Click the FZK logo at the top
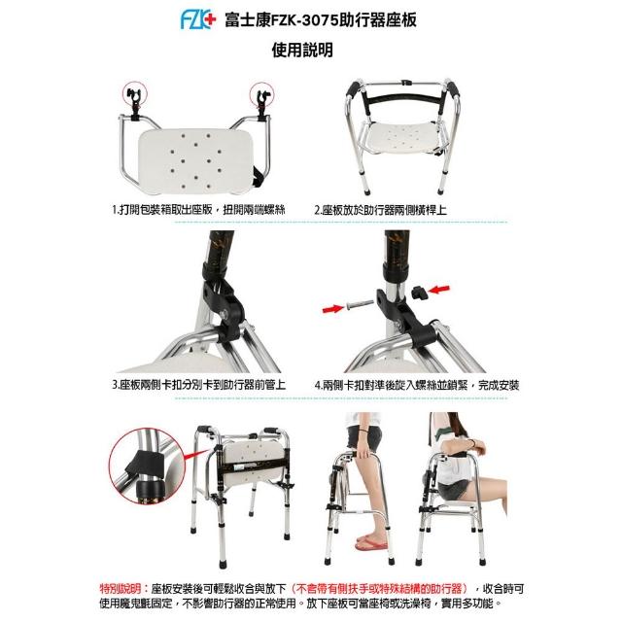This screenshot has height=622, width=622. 198,19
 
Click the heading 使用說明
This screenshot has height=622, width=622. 302,51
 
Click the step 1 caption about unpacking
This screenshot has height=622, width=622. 198,210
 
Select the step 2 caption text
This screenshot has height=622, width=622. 380,210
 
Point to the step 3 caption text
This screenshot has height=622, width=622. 198,385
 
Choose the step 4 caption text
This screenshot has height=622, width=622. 417,385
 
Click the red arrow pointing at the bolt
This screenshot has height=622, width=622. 333,308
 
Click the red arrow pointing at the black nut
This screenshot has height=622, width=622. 439,289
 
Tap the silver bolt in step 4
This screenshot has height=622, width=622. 361,304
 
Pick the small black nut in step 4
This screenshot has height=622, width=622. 419,293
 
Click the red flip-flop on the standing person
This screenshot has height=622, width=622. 371,543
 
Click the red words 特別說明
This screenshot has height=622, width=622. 120,588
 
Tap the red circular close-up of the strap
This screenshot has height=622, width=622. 147,466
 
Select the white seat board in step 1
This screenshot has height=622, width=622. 195,161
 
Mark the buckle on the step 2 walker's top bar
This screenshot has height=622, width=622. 405,84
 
